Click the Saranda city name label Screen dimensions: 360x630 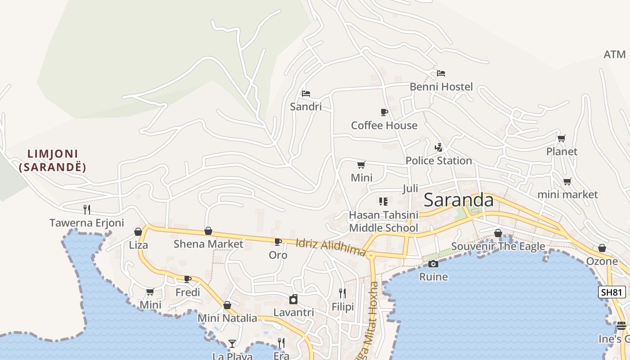click(459, 200)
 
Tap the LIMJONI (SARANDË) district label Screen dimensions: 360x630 click(53, 161)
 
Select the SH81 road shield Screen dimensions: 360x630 click(612, 292)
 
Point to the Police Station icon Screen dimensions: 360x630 click(438, 147)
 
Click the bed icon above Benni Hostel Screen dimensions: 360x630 click(441, 73)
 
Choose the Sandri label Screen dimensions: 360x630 click(306, 107)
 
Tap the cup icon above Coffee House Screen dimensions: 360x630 click(384, 112)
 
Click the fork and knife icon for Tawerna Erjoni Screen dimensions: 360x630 click(87, 209)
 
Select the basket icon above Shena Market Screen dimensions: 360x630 click(208, 231)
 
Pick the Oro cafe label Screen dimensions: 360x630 click(278, 255)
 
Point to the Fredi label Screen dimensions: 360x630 click(188, 292)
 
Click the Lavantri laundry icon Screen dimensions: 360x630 click(293, 299)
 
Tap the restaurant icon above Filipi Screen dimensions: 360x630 click(342, 293)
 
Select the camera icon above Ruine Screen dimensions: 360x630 click(433, 264)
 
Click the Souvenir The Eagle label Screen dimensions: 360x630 click(498, 246)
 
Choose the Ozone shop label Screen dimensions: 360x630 click(602, 261)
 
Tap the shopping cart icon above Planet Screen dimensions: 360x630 click(561, 138)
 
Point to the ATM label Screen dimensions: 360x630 click(614, 54)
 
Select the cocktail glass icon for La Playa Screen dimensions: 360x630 click(232, 344)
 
